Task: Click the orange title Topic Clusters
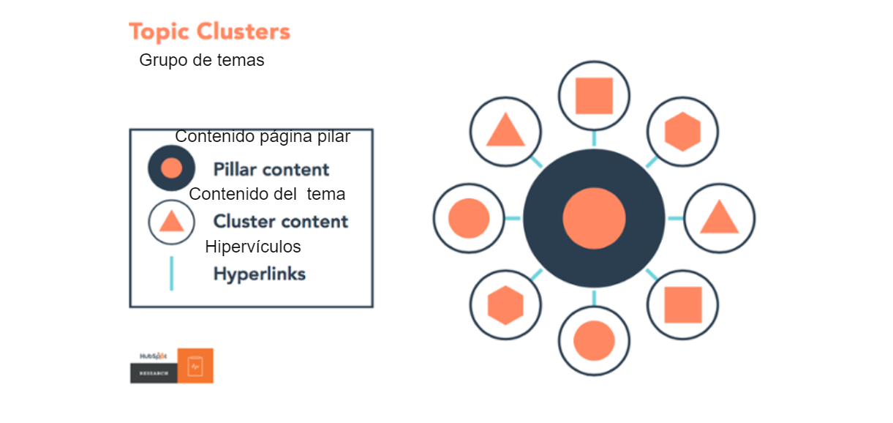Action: (209, 32)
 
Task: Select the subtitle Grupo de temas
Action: (202, 61)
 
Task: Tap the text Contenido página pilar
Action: (263, 137)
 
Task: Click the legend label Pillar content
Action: (271, 170)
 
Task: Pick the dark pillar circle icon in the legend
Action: (171, 168)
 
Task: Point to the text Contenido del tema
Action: (267, 195)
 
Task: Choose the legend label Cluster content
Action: (281, 222)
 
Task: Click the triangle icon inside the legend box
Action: (171, 222)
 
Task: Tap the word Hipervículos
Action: (253, 247)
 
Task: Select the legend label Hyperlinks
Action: (260, 274)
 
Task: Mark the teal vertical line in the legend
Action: (171, 274)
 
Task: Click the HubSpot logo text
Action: (154, 356)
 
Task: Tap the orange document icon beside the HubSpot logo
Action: (195, 365)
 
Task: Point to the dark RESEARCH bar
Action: (154, 373)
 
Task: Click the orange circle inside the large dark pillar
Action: (594, 219)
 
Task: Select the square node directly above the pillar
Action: (594, 96)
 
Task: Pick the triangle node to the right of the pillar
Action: (719, 218)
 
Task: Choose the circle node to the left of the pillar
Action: (469, 218)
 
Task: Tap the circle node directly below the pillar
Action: (594, 340)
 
